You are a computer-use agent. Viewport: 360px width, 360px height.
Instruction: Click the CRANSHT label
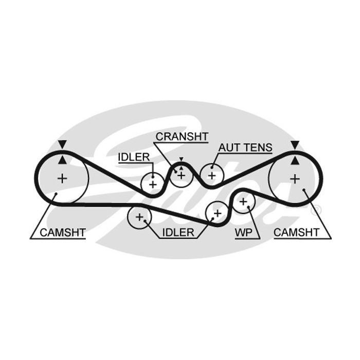pos(182,136)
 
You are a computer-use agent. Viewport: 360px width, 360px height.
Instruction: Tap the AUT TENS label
pos(245,148)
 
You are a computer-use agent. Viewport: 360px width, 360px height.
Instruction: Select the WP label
pos(244,232)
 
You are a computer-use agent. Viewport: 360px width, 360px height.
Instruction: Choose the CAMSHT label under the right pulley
pos(296,232)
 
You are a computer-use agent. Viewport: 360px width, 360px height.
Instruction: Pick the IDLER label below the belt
pos(178,232)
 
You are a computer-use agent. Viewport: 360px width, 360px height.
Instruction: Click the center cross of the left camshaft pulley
pos(62,178)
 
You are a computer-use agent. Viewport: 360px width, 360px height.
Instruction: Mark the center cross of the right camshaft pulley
pos(295,178)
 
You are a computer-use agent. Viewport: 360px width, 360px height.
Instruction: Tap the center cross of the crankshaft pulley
pos(181,175)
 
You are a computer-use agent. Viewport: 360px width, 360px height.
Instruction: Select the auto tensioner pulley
pos(211,175)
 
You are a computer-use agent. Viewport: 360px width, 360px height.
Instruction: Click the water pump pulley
pos(244,202)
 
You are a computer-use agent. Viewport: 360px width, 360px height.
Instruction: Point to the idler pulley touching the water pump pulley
pos(217,212)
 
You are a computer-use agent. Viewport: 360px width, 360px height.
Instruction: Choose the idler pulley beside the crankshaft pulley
pos(152,184)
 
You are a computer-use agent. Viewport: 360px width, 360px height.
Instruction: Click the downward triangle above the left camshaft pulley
pos(62,145)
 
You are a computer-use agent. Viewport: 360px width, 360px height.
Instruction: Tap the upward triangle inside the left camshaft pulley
pos(62,160)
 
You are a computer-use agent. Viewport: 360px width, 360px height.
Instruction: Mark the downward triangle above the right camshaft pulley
pos(295,145)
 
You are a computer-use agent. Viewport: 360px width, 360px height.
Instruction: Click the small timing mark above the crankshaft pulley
pos(181,159)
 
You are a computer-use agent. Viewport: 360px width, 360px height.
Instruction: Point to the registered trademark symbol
pos(316,210)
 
